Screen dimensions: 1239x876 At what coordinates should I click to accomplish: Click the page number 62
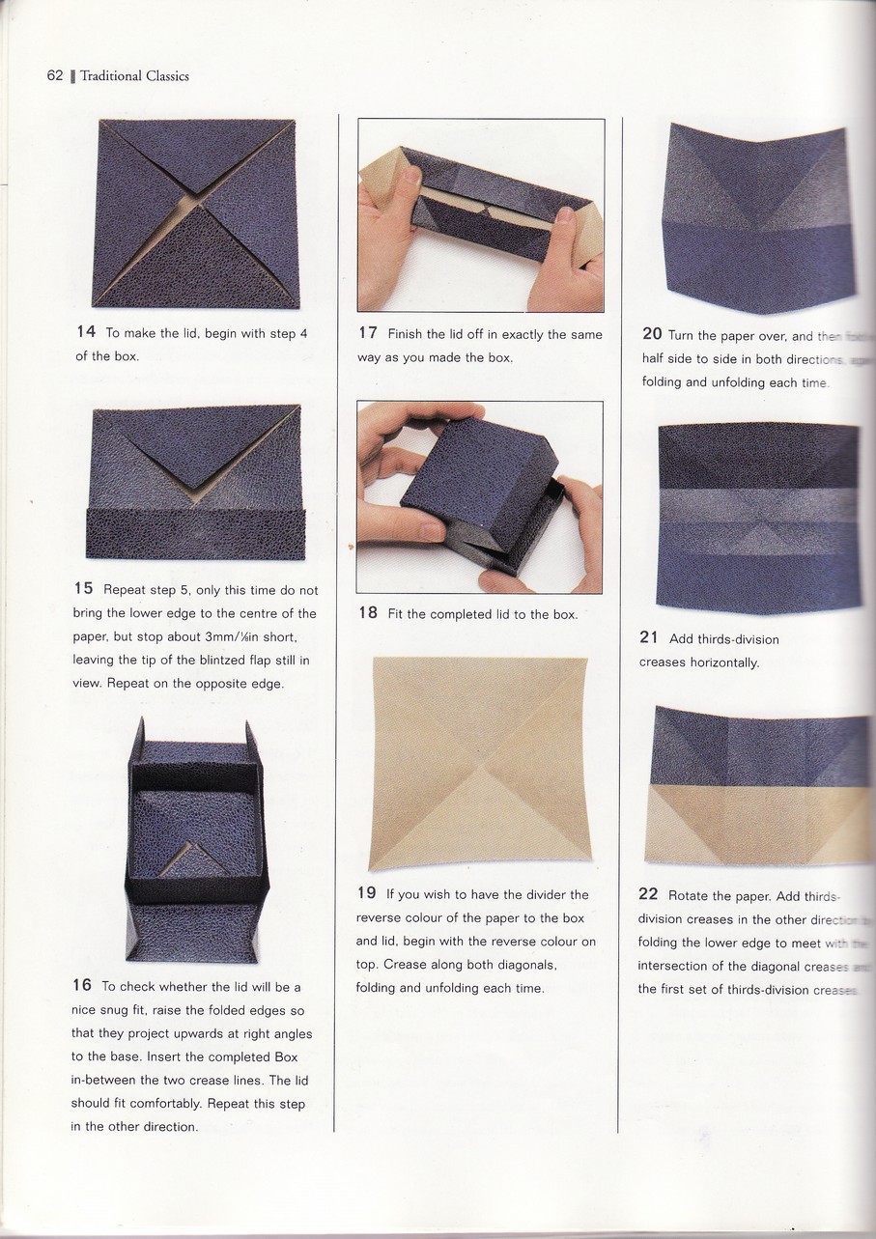pos(54,76)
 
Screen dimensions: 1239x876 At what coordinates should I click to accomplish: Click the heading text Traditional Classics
pos(134,76)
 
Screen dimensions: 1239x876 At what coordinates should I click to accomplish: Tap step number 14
pos(86,332)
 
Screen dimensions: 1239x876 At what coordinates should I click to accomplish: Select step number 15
pos(83,589)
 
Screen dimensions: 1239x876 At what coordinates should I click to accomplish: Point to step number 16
pos(82,986)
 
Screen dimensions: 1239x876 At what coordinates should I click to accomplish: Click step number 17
pos(367,333)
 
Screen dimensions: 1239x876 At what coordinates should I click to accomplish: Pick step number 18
pos(367,613)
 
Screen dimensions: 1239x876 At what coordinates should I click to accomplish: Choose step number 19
pos(366,894)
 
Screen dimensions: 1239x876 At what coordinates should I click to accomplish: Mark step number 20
pos(652,335)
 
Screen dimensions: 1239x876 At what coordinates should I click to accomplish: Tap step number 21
pos(648,638)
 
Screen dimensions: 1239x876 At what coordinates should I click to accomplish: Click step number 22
pos(648,894)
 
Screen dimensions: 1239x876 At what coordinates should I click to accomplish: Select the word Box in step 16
pos(285,1056)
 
